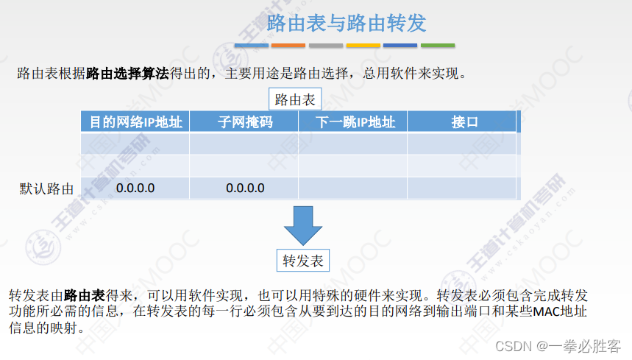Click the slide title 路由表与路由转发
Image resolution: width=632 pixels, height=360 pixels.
click(x=347, y=22)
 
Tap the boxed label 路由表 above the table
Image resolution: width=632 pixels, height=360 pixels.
click(x=295, y=99)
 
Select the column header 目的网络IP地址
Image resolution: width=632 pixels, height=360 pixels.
click(x=135, y=122)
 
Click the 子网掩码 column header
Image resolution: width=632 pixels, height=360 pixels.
click(x=245, y=122)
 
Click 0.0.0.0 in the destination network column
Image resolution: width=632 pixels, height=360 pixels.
click(x=135, y=188)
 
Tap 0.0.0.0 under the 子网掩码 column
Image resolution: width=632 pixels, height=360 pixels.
click(x=245, y=188)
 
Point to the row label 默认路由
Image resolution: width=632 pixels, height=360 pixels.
click(x=46, y=188)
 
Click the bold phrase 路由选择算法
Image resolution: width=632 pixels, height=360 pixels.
click(x=127, y=74)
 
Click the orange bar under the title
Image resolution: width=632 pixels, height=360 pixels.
click(x=288, y=46)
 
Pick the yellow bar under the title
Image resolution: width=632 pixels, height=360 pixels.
click(x=363, y=46)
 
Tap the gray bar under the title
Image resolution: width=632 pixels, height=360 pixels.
click(x=326, y=46)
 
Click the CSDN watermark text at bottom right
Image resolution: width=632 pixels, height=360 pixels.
click(x=558, y=345)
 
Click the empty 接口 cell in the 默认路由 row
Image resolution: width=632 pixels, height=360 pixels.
click(x=462, y=188)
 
